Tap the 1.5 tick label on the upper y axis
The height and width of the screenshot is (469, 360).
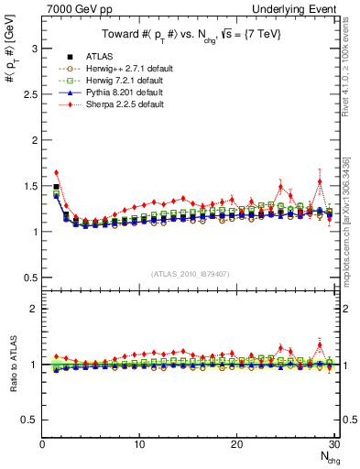click(x=30, y=186)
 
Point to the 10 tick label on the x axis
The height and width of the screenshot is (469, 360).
click(x=139, y=444)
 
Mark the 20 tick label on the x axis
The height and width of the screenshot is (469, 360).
click(x=236, y=444)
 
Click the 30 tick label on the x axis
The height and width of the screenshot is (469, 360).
click(x=333, y=444)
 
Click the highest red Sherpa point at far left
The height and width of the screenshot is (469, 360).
click(x=57, y=172)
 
